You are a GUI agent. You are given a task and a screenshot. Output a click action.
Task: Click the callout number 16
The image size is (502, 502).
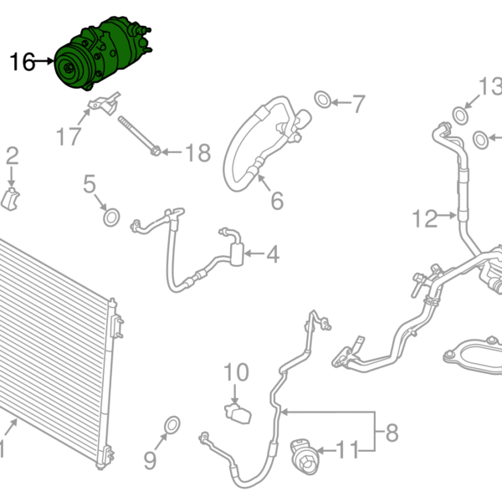click(x=23, y=61)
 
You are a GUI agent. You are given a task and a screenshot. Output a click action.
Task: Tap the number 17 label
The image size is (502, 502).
click(x=69, y=135)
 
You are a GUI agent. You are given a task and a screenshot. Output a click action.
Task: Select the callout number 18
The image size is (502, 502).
click(x=198, y=153)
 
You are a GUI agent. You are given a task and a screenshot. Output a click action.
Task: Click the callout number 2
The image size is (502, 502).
click(x=12, y=156)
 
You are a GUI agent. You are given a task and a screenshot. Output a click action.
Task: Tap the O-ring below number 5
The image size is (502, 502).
click(x=110, y=218)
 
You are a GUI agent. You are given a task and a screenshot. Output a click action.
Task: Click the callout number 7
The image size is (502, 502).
click(x=358, y=105)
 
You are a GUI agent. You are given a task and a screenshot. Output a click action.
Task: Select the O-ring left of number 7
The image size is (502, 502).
click(x=322, y=101)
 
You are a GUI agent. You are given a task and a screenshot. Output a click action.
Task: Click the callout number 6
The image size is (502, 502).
click(x=276, y=201)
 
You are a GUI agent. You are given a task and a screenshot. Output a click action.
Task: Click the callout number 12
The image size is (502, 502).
click(x=425, y=219)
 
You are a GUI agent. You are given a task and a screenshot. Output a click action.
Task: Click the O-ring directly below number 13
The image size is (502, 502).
click(x=460, y=114)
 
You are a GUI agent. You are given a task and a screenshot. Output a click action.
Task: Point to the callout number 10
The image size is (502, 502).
click(x=237, y=371)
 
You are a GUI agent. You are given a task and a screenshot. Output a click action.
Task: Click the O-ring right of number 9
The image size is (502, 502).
click(x=172, y=424)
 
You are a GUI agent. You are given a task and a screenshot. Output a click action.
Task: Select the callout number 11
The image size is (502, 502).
click(x=346, y=449)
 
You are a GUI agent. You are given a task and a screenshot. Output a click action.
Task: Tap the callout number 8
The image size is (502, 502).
click(x=391, y=433)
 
